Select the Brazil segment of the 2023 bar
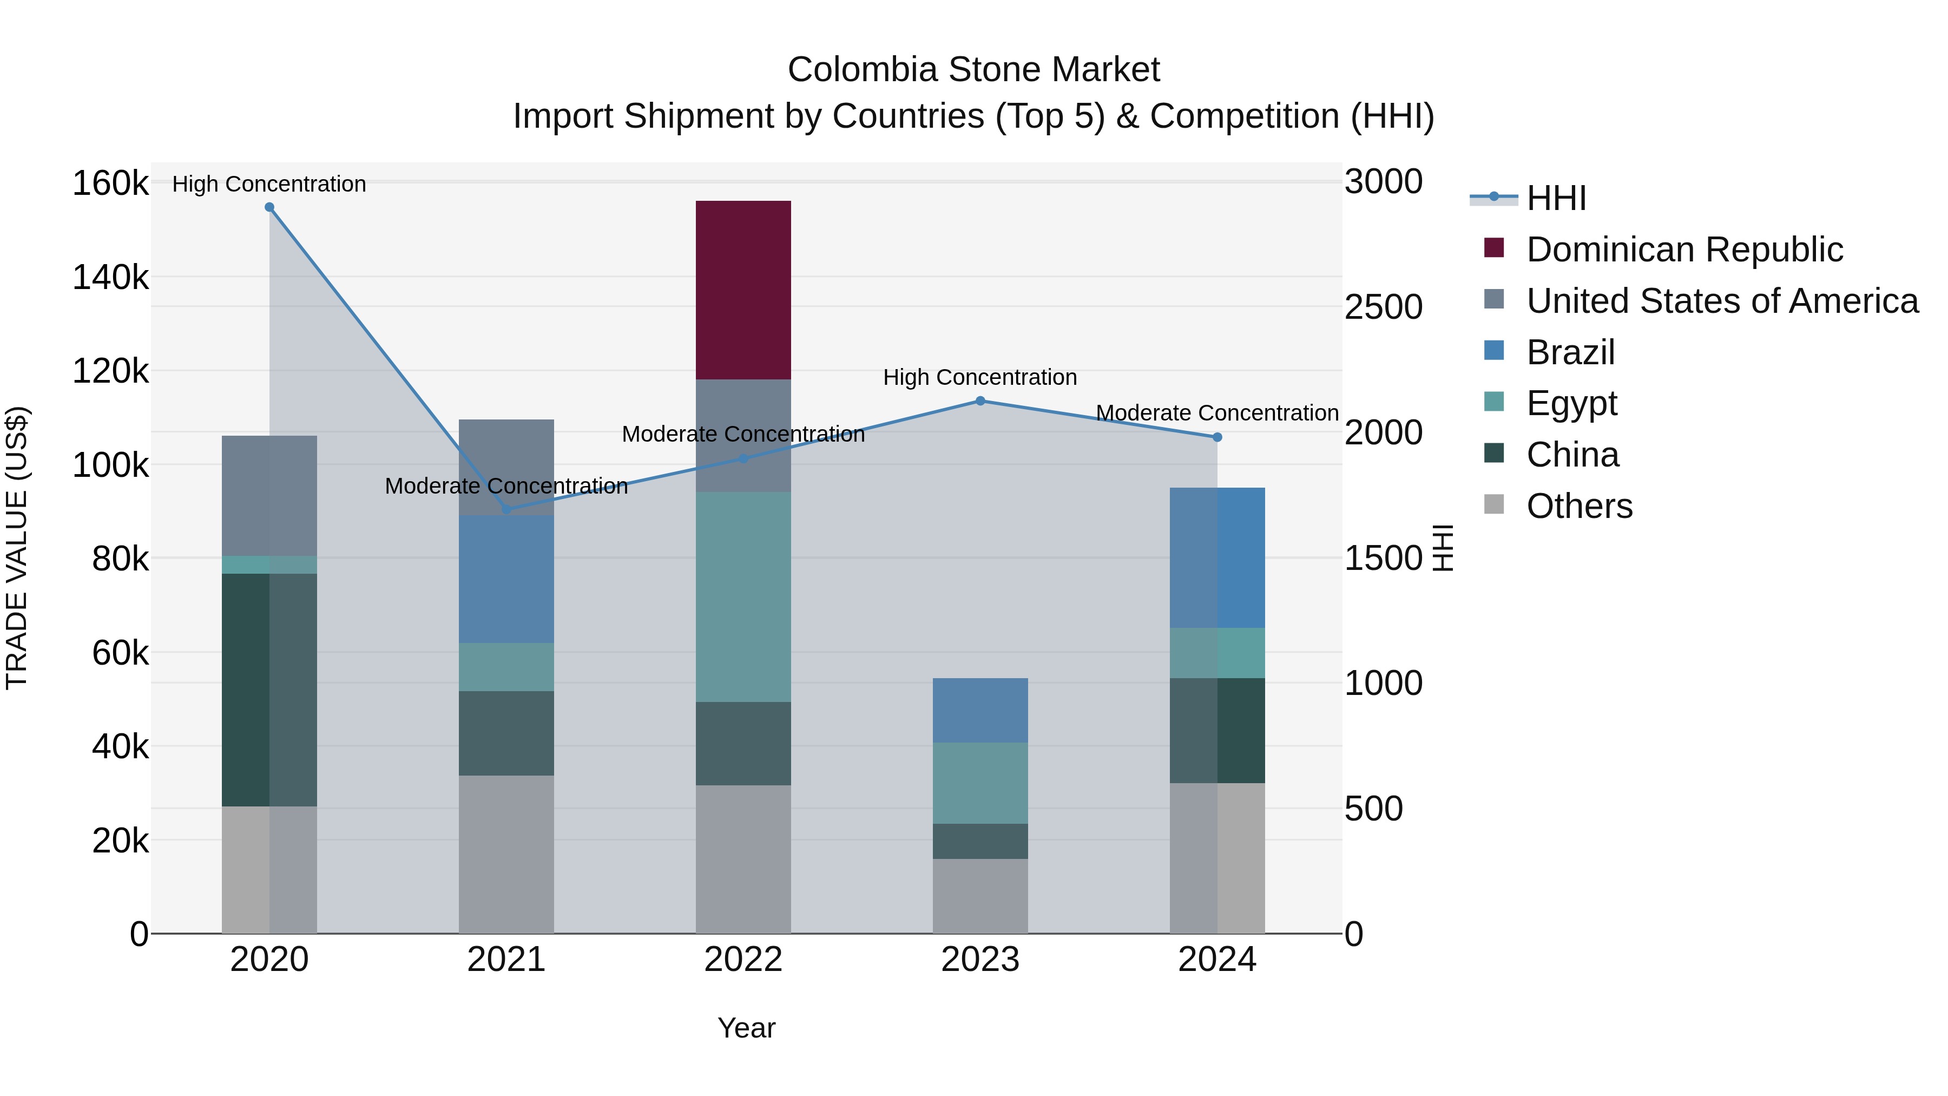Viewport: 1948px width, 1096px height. (x=979, y=710)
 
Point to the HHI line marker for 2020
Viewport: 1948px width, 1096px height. (x=269, y=207)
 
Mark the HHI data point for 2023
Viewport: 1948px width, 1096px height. (x=980, y=401)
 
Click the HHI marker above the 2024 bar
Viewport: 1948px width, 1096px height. (x=1217, y=437)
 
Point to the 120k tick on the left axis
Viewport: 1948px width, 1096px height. (x=110, y=371)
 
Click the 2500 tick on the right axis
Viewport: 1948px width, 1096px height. (x=1383, y=307)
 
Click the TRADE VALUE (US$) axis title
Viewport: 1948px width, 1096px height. (x=17, y=548)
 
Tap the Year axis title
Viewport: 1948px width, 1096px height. (x=746, y=1028)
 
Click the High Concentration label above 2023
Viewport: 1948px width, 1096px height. (x=979, y=377)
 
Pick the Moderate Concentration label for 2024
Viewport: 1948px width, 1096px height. (x=1217, y=413)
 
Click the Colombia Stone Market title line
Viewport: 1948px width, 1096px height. (x=973, y=70)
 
